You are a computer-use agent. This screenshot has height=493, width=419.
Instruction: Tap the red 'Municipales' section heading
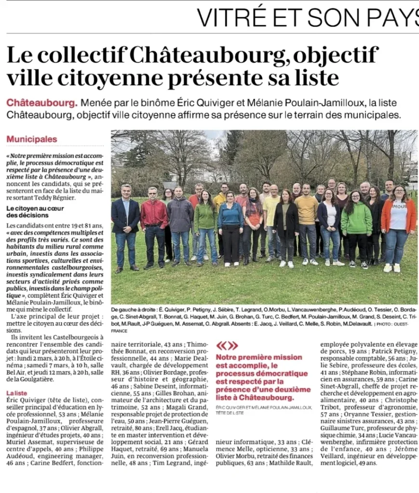[32, 139]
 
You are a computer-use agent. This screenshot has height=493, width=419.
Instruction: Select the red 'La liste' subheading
[17, 393]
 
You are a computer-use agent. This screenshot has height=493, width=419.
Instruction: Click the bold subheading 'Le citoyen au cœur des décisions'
[35, 211]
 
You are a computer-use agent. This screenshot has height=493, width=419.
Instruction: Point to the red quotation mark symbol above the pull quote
[227, 345]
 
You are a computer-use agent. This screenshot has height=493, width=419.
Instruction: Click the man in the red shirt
[154, 224]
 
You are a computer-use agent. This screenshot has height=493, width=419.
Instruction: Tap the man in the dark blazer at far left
[125, 226]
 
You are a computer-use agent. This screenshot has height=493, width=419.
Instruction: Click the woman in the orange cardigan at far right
[398, 226]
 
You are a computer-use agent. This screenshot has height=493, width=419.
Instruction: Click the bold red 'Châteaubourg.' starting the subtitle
[42, 103]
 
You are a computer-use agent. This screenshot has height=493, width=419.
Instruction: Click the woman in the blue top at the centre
[231, 226]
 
